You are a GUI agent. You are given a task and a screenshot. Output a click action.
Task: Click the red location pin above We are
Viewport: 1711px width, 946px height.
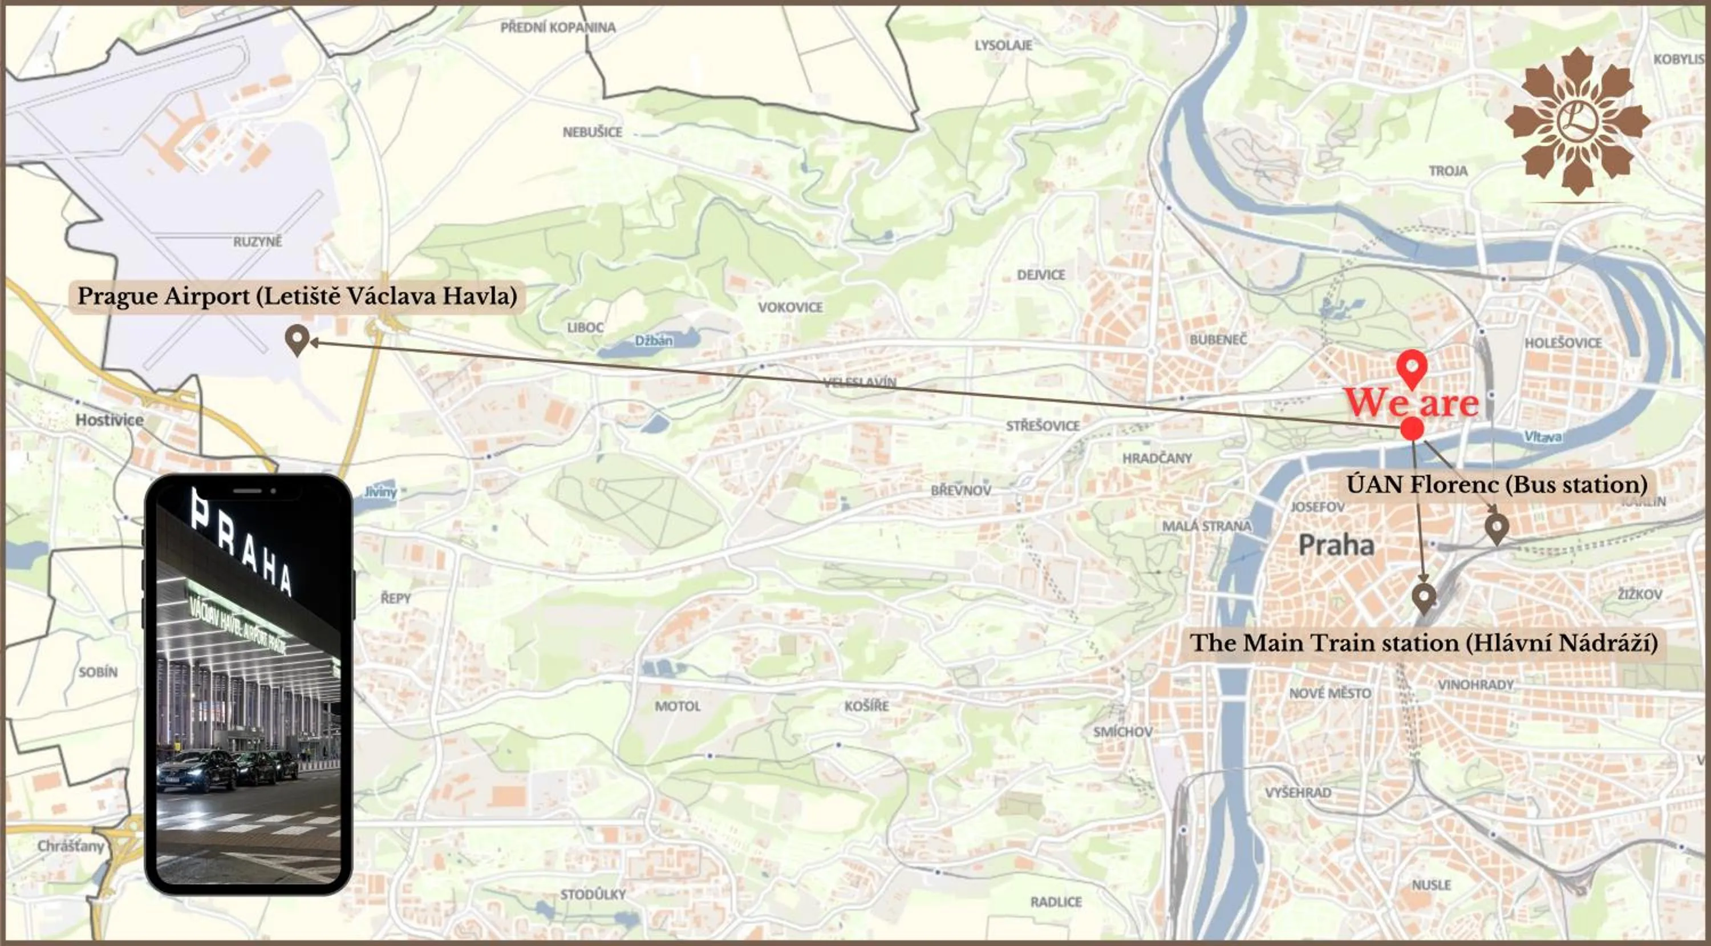tap(1412, 367)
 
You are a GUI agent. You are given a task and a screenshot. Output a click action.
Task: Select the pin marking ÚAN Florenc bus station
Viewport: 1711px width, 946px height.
tap(1497, 528)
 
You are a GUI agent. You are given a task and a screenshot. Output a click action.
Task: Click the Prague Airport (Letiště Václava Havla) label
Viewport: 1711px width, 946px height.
tap(297, 296)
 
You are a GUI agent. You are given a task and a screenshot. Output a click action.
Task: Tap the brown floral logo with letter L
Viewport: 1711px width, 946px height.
tap(1577, 122)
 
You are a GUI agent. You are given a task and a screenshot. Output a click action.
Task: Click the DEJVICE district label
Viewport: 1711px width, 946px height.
tap(1041, 274)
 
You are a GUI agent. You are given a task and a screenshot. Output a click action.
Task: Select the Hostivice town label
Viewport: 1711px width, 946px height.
tap(110, 420)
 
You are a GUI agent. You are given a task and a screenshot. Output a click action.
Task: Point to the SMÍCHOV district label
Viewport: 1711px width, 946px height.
tap(1123, 731)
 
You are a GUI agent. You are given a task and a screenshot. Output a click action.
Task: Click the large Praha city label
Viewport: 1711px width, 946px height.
tap(1336, 545)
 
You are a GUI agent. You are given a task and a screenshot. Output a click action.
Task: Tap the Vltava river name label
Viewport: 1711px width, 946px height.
tap(1542, 436)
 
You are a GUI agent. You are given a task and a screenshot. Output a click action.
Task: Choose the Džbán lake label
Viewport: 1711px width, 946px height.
tap(654, 340)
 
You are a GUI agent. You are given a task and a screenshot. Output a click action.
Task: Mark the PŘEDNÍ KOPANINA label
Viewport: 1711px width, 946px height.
tap(558, 27)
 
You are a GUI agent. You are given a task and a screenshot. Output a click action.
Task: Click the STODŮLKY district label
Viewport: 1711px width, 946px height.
tap(593, 894)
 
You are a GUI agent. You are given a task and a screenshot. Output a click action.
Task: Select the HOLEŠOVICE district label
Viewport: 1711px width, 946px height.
tap(1563, 343)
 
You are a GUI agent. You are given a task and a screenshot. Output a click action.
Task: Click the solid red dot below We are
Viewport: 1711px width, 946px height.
tap(1412, 429)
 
